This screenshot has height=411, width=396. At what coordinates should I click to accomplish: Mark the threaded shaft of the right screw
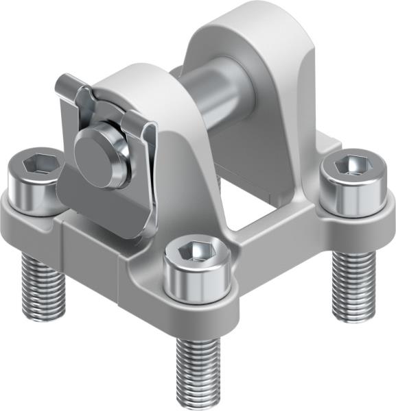pos(354,284)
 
